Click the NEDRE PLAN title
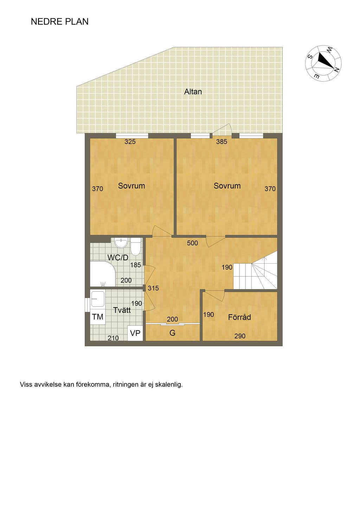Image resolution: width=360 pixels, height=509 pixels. (x=59, y=21)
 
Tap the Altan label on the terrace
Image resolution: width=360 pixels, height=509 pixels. (x=193, y=92)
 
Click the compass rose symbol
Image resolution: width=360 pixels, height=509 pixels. (x=323, y=63)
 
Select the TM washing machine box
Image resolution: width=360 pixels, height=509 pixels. (x=98, y=317)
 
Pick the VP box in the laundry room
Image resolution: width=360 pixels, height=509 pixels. (x=135, y=333)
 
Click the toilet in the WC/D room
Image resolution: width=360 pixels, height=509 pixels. (x=135, y=247)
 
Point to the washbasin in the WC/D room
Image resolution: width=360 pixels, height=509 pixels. (x=121, y=243)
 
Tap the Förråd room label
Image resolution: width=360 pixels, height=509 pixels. (x=239, y=317)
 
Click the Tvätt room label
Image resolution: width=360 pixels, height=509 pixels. (x=122, y=310)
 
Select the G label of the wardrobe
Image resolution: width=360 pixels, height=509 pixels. (x=173, y=333)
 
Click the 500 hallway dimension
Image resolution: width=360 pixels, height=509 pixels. (x=193, y=243)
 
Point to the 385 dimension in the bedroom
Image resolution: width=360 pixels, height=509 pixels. (x=221, y=142)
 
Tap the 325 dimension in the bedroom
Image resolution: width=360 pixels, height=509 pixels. (x=130, y=142)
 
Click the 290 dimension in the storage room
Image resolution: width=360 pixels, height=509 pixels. (x=240, y=336)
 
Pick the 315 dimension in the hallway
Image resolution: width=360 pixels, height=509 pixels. (x=153, y=288)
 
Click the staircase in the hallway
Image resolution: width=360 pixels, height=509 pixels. (x=256, y=270)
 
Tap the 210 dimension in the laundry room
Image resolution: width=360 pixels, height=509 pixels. (x=113, y=338)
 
